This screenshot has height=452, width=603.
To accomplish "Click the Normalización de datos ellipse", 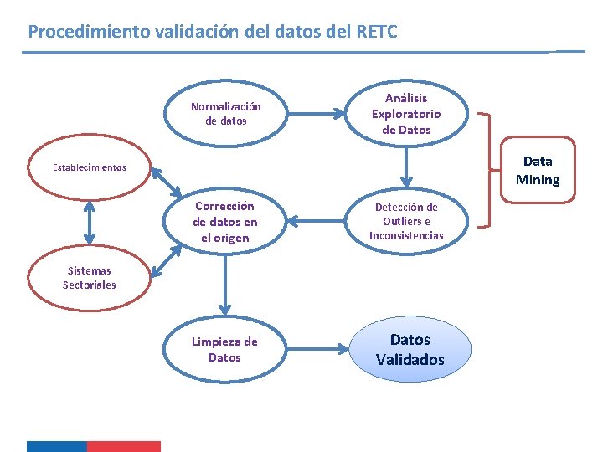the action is (x=225, y=114).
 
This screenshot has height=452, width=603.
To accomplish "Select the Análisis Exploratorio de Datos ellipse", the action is (x=406, y=114).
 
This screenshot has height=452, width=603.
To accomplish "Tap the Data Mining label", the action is (x=538, y=170).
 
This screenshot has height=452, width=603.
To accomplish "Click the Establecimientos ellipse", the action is (x=90, y=167).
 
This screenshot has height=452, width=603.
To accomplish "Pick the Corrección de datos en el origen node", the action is (x=225, y=222).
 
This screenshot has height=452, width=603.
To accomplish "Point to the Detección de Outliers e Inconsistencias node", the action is (x=406, y=222).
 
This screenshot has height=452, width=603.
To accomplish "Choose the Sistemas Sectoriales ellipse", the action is (x=90, y=278).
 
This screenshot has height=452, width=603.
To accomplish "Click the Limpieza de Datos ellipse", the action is (x=225, y=350).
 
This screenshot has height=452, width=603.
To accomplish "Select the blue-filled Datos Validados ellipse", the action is (x=410, y=349).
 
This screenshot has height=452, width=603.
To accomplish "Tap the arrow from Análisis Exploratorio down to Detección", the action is (x=406, y=167).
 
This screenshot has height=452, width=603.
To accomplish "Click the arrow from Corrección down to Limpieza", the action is (x=225, y=285).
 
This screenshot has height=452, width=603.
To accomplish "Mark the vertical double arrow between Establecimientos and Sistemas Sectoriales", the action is (x=90, y=223).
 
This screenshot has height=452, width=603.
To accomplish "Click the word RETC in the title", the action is (x=377, y=32).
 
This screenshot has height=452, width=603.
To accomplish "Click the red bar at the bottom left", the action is (x=123, y=446).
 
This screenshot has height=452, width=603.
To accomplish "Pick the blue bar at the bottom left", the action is (x=56, y=446).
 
